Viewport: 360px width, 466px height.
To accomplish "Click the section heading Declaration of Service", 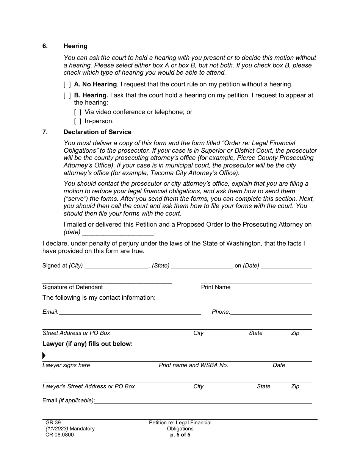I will click(97, 132).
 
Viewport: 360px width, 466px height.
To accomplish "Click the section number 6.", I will click(45, 46).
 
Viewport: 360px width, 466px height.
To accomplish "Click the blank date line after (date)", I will click(118, 232).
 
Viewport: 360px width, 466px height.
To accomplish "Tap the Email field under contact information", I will click(130, 312).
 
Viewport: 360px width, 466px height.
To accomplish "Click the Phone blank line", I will click(271, 312).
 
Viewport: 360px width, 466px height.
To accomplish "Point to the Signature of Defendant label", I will click(72, 287).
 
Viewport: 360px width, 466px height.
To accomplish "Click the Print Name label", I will click(216, 287).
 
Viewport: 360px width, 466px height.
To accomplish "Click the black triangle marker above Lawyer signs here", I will click(44, 355).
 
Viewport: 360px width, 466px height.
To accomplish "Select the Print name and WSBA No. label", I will click(193, 365).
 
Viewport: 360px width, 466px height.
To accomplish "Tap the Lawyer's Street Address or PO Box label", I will click(89, 386).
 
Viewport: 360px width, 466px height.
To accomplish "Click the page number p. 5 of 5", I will click(180, 435).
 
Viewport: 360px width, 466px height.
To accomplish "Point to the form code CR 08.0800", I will click(59, 435).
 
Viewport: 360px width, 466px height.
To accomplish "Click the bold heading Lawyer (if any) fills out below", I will click(88, 344).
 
